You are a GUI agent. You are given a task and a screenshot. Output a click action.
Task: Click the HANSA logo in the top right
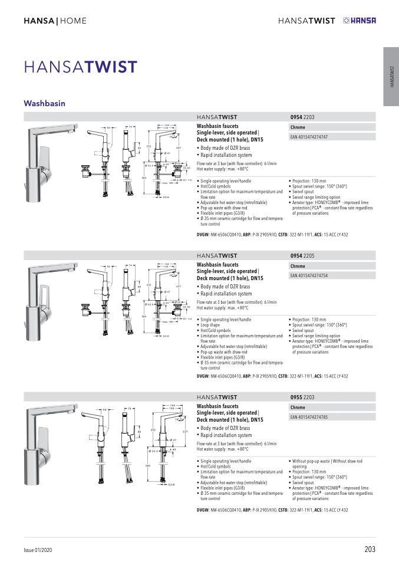point(359,21)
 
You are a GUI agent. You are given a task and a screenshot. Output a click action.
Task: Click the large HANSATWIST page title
point(81,67)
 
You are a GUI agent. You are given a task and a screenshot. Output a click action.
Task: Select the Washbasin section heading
point(44,103)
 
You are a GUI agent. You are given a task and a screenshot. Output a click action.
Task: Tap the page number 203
point(370,550)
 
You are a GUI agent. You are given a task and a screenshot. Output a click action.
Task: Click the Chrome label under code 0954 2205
point(298,266)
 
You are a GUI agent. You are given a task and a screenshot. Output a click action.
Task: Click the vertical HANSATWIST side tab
point(391,77)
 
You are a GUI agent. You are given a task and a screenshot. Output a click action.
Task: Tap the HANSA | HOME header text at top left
point(55,21)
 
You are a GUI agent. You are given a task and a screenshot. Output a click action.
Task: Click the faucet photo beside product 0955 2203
point(51,443)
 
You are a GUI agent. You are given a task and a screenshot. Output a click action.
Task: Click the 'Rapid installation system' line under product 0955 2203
point(226,435)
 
